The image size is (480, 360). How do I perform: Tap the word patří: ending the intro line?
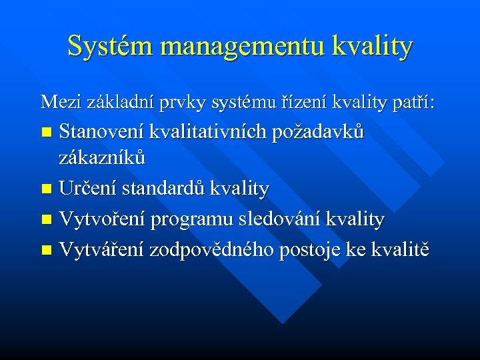pyautogui.click(x=411, y=103)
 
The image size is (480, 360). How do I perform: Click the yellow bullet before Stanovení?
pyautogui.click(x=46, y=133)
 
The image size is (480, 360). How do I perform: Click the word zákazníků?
pyautogui.click(x=102, y=159)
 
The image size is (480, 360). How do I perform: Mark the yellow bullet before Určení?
pyautogui.click(x=46, y=190)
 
